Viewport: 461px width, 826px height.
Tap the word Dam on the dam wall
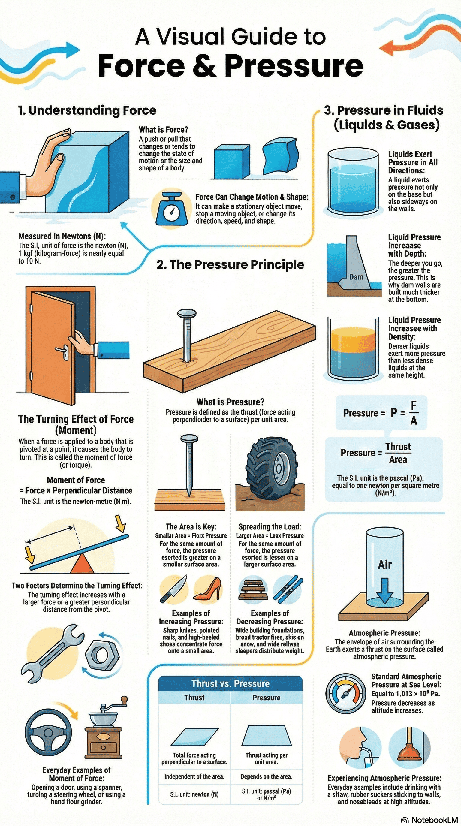click(356, 277)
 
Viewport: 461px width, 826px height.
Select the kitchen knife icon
click(173, 589)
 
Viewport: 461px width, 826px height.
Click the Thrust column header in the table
click(194, 698)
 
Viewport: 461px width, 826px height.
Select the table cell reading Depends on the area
click(267, 776)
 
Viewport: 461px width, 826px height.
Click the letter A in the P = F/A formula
click(414, 421)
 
